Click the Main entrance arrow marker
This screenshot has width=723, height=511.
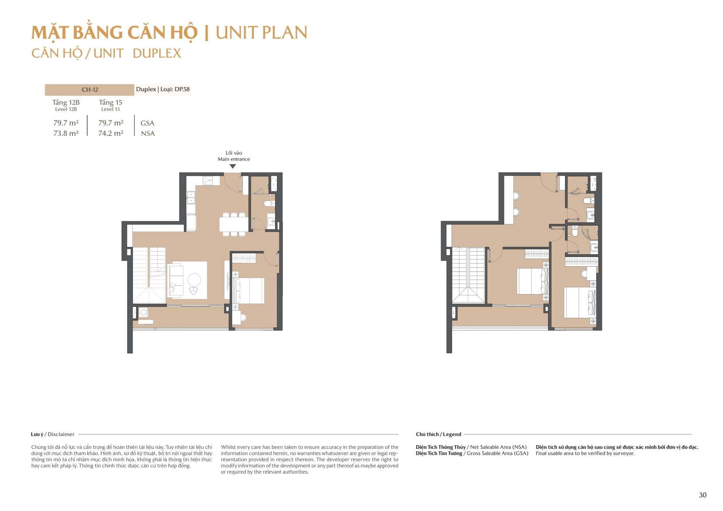(233, 166)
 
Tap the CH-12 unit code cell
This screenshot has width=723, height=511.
(90, 90)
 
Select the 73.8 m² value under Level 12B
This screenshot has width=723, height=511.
(66, 133)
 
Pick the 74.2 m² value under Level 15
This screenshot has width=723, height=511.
(111, 133)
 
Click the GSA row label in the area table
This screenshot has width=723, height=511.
(147, 123)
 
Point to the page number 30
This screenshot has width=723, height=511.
(702, 495)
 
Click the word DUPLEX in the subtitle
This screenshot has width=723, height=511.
(157, 53)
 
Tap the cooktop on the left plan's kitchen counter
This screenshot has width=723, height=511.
(208, 180)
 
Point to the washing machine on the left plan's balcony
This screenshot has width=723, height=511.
(144, 312)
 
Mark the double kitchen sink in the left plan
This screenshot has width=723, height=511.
(191, 198)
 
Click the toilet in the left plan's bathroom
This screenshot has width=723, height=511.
(269, 203)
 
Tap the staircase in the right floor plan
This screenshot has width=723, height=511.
(468, 275)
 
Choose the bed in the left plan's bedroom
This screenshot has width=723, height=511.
(248, 291)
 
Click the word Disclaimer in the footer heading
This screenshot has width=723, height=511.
(61, 434)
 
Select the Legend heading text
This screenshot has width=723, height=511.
(452, 434)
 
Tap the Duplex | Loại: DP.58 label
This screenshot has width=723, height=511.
(163, 89)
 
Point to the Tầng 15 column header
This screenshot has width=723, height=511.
(111, 102)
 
